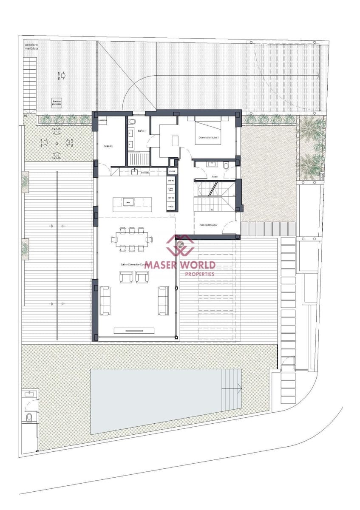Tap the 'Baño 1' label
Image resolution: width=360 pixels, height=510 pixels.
[142, 131]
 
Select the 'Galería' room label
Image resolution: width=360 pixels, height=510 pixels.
[108, 146]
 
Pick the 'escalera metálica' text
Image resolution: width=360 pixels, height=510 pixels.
[31, 46]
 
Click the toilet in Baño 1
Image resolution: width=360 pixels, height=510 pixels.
[132, 122]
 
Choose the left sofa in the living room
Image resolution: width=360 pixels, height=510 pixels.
[105, 300]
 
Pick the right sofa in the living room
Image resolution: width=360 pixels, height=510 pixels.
[163, 300]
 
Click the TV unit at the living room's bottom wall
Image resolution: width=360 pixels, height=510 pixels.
[134, 330]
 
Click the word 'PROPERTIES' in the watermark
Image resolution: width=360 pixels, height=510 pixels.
[199, 274]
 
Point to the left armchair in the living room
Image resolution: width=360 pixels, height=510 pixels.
[126, 277]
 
